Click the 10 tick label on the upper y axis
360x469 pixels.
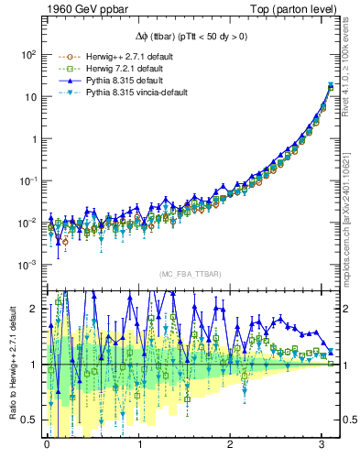(x=28, y=97)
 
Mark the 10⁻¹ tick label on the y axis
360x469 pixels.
(x=26, y=181)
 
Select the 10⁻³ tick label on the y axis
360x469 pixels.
(x=26, y=266)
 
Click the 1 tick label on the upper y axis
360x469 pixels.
(x=32, y=139)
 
